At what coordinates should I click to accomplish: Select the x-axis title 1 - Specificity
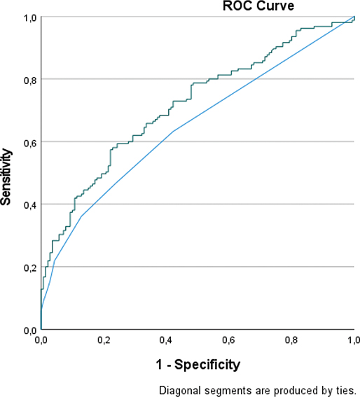(x=198, y=364)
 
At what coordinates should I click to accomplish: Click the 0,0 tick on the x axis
(x=41, y=340)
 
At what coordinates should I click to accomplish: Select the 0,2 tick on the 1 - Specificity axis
(x=104, y=340)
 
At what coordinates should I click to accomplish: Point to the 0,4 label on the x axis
(x=167, y=340)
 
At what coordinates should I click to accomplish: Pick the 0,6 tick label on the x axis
(x=229, y=340)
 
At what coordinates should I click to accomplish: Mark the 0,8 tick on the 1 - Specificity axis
(x=292, y=340)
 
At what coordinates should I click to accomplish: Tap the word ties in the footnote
(x=347, y=390)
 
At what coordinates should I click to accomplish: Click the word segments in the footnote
(x=226, y=390)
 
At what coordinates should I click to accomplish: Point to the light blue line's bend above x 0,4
(x=173, y=131)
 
